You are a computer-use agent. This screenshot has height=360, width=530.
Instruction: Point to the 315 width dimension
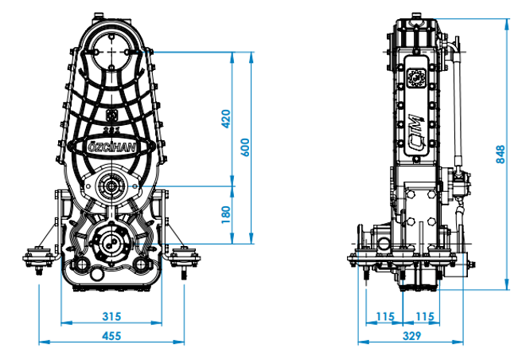111,316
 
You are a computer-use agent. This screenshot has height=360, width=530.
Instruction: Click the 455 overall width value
111,336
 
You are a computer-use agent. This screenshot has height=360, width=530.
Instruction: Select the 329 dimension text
411,336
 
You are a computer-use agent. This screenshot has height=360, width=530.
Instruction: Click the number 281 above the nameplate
111,130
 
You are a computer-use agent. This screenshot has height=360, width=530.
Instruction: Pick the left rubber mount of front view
38,259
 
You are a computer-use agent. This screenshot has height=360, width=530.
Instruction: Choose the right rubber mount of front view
185,259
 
